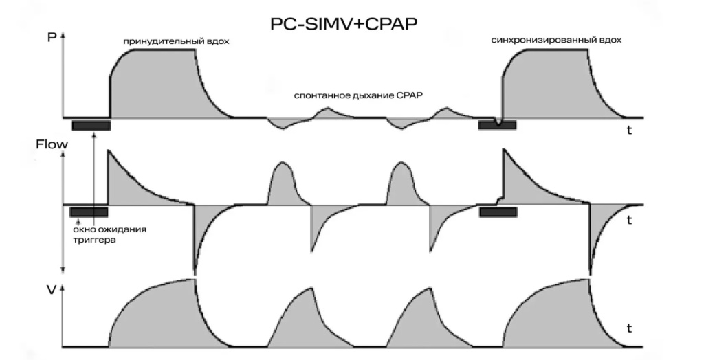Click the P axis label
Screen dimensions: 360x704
pyautogui.click(x=51, y=37)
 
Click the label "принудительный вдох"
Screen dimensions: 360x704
pyautogui.click(x=176, y=41)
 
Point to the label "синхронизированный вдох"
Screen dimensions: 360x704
pyautogui.click(x=556, y=40)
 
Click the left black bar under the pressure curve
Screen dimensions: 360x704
pyautogui.click(x=91, y=125)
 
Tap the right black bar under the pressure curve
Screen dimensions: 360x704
pyautogui.click(x=497, y=124)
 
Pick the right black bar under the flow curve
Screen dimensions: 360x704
pyautogui.click(x=498, y=212)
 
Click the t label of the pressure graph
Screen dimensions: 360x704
pyautogui.click(x=629, y=131)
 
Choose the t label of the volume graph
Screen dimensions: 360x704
pyautogui.click(x=629, y=328)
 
